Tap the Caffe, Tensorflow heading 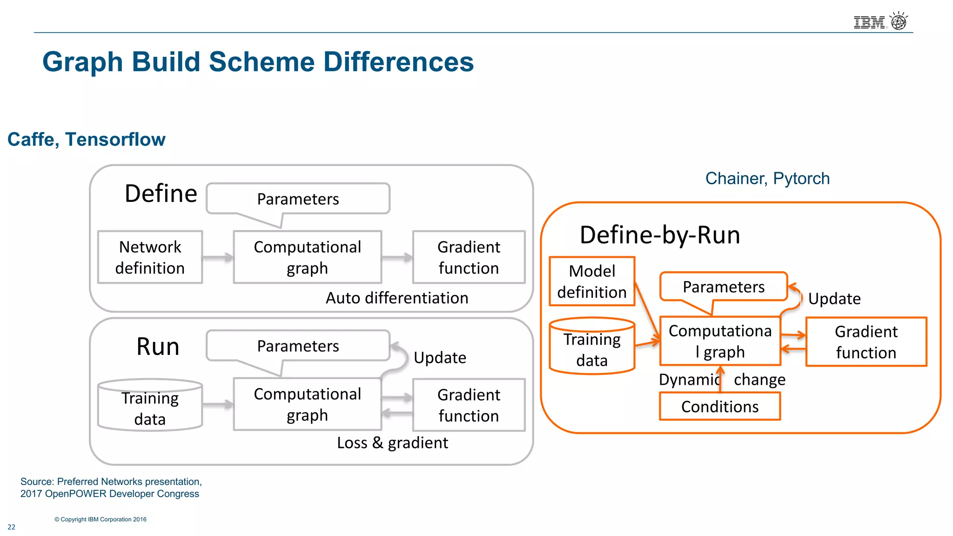point(87,140)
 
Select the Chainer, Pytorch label point(767,178)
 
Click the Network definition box point(150,257)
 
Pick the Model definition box point(591,281)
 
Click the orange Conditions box point(719,407)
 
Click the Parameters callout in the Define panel point(298,199)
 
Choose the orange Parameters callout point(723,287)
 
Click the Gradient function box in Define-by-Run point(866,342)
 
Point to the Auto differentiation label point(396,298)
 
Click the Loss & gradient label point(392,443)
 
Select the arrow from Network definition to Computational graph point(218,257)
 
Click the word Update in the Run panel point(440,358)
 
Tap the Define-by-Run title point(659,235)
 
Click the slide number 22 point(12,527)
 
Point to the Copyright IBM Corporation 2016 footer point(101,519)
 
